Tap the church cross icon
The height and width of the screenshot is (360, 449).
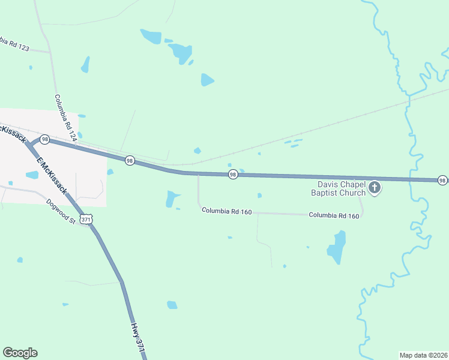375,188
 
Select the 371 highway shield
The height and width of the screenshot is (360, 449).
88,220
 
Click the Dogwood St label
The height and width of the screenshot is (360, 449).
60,211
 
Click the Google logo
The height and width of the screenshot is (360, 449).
20,353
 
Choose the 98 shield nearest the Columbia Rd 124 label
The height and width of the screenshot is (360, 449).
44,139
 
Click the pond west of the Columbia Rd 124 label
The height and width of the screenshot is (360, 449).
85,64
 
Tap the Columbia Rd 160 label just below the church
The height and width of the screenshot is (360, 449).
334,215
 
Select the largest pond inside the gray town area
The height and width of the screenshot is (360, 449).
32,175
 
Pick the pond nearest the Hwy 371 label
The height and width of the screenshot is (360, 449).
172,305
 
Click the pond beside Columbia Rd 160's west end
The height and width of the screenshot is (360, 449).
172,198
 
